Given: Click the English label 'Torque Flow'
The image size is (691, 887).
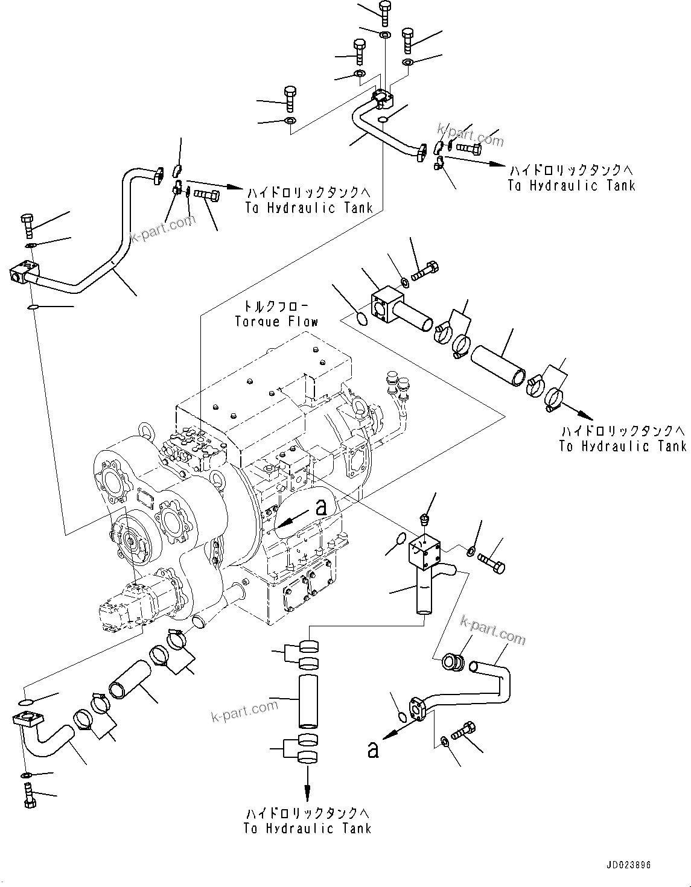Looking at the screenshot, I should click(x=276, y=321).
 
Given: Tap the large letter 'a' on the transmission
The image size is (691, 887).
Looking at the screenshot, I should click(x=321, y=507).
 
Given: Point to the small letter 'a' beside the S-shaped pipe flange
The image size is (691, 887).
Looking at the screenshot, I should click(x=374, y=750).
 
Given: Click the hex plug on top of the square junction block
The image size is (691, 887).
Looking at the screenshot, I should click(x=425, y=518).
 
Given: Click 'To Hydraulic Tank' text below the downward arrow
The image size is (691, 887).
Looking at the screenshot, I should click(x=307, y=828).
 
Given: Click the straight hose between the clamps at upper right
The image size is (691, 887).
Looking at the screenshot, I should click(x=497, y=364).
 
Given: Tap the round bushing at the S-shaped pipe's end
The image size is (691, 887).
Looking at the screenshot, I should click(x=452, y=662).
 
